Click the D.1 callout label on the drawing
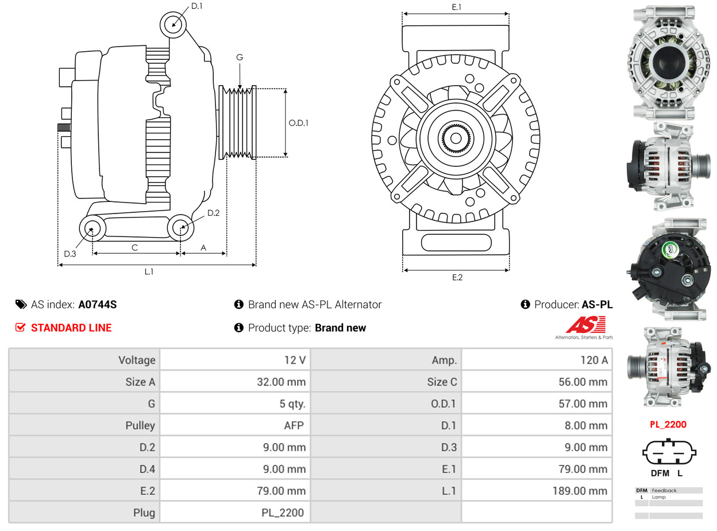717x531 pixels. tap(196, 6)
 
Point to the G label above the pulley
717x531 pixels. tap(240, 57)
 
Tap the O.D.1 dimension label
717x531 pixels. tap(298, 123)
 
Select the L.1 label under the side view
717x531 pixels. tap(149, 272)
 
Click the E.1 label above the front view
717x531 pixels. tap(457, 7)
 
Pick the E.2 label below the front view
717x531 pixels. tap(457, 277)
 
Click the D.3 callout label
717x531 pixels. tap(70, 254)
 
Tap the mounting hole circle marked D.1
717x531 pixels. tap(174, 25)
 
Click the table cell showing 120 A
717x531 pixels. tap(537, 360)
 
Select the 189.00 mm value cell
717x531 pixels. tap(537, 491)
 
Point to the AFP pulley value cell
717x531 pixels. tap(235, 426)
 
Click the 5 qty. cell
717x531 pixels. tap(235, 404)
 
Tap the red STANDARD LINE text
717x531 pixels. tap(71, 328)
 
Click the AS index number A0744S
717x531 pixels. tap(97, 304)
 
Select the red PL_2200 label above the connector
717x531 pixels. tap(668, 425)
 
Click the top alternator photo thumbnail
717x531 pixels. tap(668, 62)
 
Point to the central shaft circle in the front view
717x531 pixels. tap(456, 139)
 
